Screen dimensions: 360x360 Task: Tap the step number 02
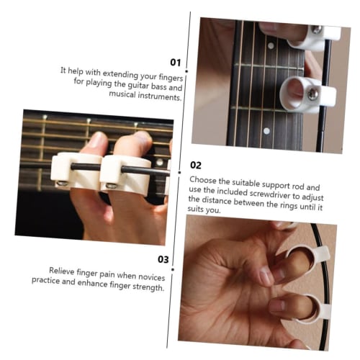(x=197, y=165)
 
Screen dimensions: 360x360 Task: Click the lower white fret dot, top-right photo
(x=266, y=132)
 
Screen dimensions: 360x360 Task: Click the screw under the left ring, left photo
(x=63, y=184)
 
